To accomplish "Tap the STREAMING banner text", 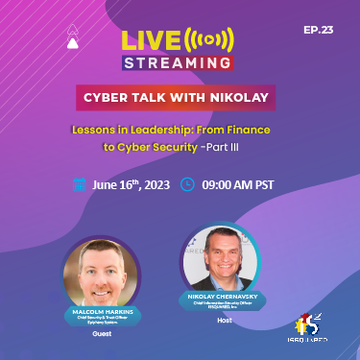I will [x=178, y=62].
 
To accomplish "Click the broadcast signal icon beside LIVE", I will [x=210, y=41].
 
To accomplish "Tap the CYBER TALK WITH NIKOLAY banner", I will [x=179, y=97].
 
